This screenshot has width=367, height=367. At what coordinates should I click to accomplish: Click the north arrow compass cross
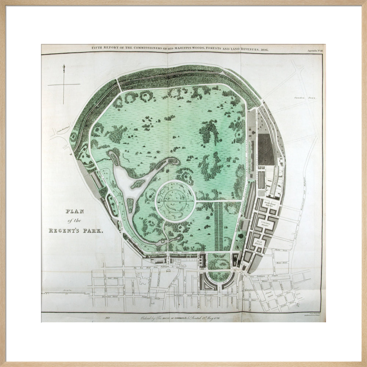(64, 84)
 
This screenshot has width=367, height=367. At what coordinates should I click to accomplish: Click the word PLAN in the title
(75, 211)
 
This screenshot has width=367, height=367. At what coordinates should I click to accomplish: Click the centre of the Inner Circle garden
(175, 201)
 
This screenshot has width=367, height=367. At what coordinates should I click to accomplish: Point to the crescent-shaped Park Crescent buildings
(219, 284)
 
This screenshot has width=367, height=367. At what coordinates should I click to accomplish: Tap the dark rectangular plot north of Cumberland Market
(266, 149)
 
